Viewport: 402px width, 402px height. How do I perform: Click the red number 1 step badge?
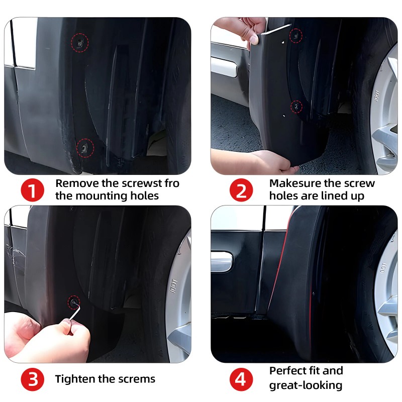32,190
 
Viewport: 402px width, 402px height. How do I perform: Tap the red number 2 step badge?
241,190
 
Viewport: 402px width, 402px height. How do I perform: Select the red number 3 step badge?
32,379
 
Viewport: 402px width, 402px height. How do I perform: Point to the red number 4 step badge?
241,379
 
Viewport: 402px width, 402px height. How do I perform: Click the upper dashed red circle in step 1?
80,43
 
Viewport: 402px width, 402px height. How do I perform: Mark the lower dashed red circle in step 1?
85,148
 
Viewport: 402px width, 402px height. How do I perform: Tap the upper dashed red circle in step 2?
296,36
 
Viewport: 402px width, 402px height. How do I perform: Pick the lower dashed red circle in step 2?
296,107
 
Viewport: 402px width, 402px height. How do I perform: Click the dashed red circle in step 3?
74,303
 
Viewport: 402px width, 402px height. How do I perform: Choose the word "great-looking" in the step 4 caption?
306,385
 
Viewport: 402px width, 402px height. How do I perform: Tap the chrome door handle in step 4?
222,261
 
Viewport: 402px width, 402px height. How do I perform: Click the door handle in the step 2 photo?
224,67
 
